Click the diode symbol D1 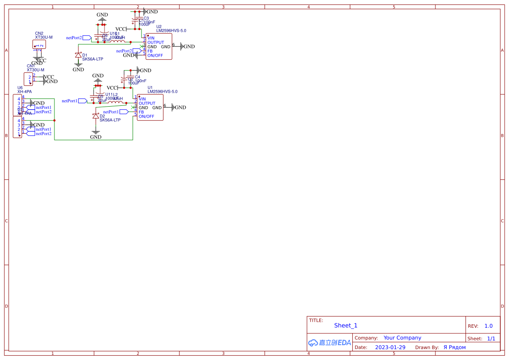78,55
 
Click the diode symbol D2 96,116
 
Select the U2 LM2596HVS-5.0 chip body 159,47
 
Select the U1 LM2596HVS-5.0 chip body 150,108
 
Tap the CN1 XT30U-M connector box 28,79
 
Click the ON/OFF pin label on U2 155,55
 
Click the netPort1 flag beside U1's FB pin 124,112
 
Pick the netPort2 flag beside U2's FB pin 137,51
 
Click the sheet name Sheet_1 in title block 346,326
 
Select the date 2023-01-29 390,347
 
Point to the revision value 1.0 489,326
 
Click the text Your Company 402,338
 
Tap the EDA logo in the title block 330,343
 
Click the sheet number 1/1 491,338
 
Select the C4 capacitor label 138,77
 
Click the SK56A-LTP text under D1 93,59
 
